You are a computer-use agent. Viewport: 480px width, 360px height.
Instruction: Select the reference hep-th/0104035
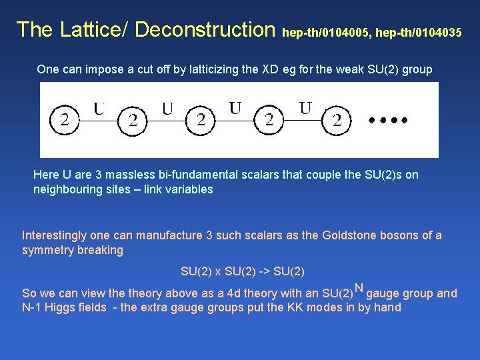[x=419, y=31]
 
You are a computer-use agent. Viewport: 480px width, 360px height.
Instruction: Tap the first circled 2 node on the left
[x=64, y=121]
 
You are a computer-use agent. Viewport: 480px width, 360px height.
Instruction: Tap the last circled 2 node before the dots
[x=337, y=121]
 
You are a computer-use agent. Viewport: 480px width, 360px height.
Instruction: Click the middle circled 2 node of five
[x=201, y=121]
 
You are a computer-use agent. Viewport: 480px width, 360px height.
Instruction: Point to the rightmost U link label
[x=305, y=107]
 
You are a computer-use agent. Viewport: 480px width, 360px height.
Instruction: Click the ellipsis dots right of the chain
[x=387, y=121]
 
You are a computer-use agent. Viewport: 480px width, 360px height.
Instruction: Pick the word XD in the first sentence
[x=270, y=69]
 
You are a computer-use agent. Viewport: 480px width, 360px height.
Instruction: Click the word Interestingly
[x=55, y=235]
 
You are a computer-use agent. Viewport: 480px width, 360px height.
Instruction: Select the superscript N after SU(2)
[x=359, y=289]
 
